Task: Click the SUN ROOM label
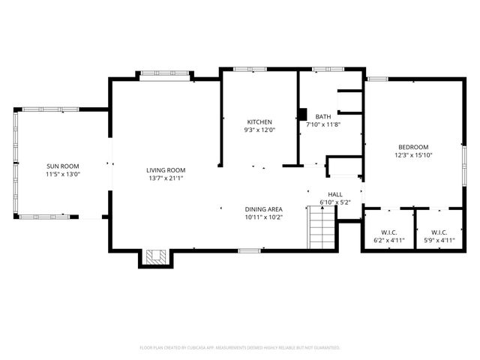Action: coord(63,166)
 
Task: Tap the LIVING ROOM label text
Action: coord(165,170)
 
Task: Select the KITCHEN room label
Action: coord(259,121)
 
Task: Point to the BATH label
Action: coord(322,116)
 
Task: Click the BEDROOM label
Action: coord(412,147)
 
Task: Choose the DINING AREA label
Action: coord(263,209)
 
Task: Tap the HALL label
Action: coord(335,194)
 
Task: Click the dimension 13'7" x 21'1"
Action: coord(165,178)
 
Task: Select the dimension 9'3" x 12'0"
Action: coord(259,130)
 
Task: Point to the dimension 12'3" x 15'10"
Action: coord(412,155)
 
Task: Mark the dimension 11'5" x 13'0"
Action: coord(63,174)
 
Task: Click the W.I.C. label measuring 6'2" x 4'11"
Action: coord(388,232)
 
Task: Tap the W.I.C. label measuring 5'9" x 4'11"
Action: coord(440,232)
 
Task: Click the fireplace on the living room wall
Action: coord(156,257)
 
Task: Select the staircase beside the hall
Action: coord(322,229)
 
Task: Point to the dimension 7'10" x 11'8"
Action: coord(322,124)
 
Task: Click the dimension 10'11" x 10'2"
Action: coord(263,217)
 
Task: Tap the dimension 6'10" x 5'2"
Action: coord(335,202)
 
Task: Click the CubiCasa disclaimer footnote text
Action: coord(240,348)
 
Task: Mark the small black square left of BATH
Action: coord(302,115)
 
